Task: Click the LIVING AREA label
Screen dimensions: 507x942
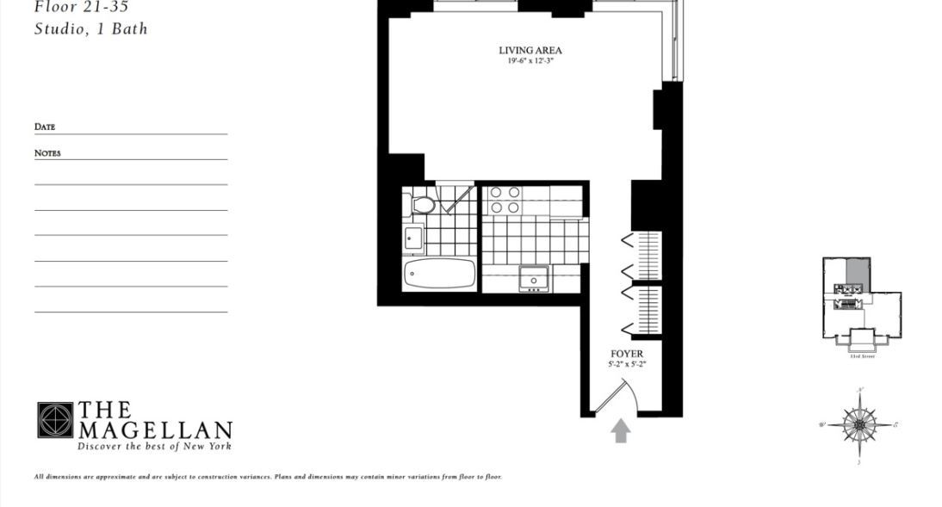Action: pos(530,50)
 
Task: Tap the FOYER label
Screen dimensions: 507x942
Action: pos(626,354)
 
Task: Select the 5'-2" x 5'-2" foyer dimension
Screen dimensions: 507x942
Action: pos(626,365)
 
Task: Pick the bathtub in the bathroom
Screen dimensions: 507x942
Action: pos(439,274)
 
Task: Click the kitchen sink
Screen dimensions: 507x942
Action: pos(533,278)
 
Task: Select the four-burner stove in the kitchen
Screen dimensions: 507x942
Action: pos(505,200)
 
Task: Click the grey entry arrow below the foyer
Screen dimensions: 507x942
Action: pos(620,430)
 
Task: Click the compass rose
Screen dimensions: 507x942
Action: pos(858,425)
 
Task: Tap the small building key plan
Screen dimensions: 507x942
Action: pos(861,301)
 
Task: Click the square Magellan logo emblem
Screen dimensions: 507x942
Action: pos(55,420)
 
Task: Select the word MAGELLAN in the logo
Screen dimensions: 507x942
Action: pos(156,430)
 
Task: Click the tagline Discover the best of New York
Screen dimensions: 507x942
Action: pos(155,446)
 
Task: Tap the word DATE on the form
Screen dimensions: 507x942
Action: pos(45,127)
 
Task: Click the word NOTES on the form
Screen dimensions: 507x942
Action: pos(47,153)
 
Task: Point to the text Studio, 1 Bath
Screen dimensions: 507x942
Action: pos(90,28)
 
